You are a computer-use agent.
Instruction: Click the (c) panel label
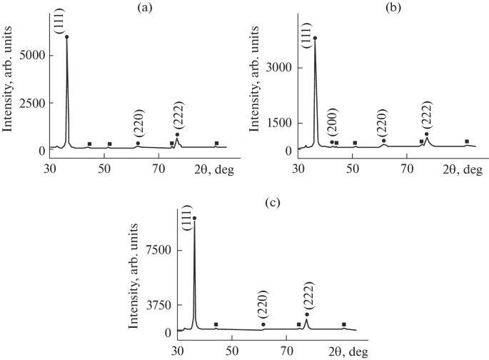click(x=272, y=202)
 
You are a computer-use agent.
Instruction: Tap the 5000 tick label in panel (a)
click(x=33, y=55)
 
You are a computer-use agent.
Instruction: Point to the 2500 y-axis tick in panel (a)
click(x=33, y=103)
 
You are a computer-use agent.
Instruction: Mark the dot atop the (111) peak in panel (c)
click(x=195, y=218)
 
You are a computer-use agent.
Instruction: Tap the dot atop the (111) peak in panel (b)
click(x=315, y=38)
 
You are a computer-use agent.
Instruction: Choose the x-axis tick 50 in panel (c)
click(x=231, y=351)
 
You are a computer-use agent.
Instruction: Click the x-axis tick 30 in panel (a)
click(x=50, y=169)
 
